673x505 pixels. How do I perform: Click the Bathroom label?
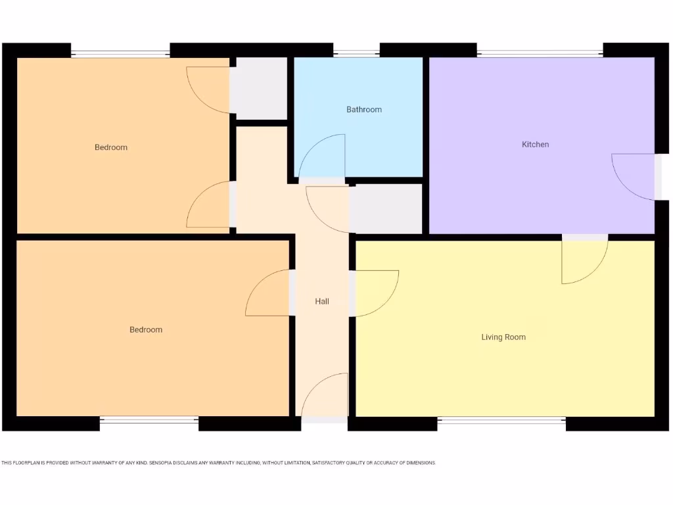[363, 110]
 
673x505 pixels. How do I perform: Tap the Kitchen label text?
[535, 145]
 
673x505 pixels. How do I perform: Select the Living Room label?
[503, 337]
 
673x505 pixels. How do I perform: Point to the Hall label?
[322, 302]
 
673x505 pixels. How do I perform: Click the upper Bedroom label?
[111, 147]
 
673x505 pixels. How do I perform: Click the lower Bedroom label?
[146, 329]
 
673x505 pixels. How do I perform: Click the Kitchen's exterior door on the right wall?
[635, 176]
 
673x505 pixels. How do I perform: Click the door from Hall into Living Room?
[375, 293]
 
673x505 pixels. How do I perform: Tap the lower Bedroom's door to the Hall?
[268, 293]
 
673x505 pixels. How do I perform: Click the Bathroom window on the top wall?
[356, 51]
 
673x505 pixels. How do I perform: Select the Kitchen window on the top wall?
[540, 51]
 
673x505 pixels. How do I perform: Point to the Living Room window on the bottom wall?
[501, 423]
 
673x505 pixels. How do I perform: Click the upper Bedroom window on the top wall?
[120, 51]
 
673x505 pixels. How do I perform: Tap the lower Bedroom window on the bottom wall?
[149, 423]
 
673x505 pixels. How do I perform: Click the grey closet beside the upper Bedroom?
[261, 89]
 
